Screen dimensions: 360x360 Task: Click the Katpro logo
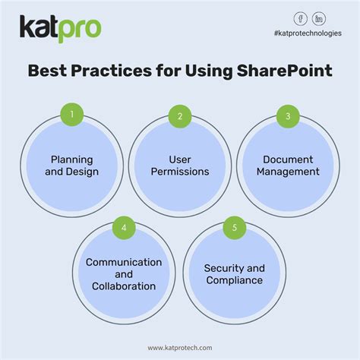click(x=60, y=29)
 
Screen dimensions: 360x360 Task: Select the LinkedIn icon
click(x=320, y=19)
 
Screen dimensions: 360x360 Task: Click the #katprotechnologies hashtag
click(x=308, y=33)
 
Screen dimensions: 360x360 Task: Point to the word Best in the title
click(x=50, y=72)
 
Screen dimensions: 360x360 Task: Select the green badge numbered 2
click(x=180, y=116)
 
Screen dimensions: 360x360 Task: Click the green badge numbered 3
click(x=288, y=116)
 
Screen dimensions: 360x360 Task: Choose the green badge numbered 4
click(x=124, y=226)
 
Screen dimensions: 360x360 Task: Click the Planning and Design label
click(x=71, y=166)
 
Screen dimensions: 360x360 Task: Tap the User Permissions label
click(x=179, y=166)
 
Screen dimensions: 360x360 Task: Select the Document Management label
click(x=288, y=166)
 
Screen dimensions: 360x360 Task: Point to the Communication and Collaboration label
click(x=124, y=274)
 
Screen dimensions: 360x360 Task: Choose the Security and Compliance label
click(x=234, y=274)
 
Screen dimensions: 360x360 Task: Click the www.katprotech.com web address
click(x=180, y=346)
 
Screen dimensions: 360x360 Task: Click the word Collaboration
click(x=124, y=286)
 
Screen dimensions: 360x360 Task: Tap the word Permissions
click(x=179, y=172)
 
